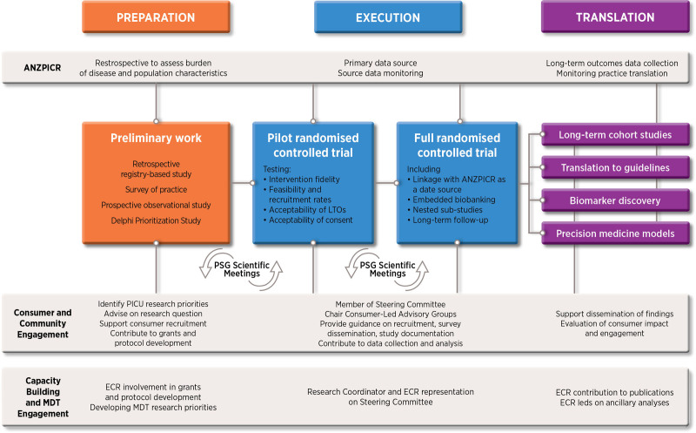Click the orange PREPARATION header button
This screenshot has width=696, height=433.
tap(156, 17)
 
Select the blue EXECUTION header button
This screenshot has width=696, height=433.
tap(388, 17)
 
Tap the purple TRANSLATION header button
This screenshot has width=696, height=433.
tap(615, 17)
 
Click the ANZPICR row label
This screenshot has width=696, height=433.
tap(43, 68)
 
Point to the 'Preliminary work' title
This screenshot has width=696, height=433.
tap(156, 139)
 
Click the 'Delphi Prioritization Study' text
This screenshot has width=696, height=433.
tap(156, 220)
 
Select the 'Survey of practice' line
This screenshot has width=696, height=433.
tap(156, 190)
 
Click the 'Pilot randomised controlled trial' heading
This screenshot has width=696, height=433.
tap(313, 145)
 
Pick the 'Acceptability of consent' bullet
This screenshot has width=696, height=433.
tap(308, 220)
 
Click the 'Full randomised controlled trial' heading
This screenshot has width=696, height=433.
tap(458, 145)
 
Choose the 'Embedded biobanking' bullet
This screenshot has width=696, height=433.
tap(452, 200)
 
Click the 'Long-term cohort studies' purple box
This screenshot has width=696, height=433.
tap(615, 135)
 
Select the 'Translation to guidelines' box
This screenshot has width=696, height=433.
tap(615, 167)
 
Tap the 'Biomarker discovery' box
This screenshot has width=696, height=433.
tap(615, 200)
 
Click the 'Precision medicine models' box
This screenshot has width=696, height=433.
tap(615, 233)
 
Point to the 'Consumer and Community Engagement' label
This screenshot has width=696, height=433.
tap(43, 323)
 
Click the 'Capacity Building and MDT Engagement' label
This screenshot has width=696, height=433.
tap(43, 397)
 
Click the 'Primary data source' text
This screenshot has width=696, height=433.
tap(380, 63)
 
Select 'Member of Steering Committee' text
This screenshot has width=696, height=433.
tap(390, 305)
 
